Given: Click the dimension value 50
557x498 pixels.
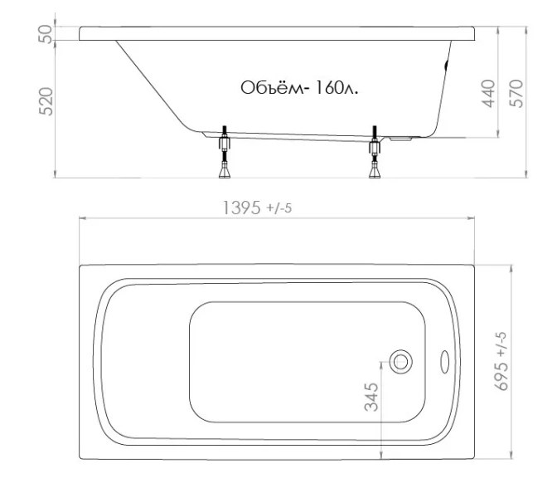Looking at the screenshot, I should (x=48, y=33).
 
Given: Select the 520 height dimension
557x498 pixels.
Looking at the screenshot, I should (x=48, y=102).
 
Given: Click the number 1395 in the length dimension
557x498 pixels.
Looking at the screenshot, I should (x=241, y=207).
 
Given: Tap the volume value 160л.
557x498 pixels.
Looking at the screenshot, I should (x=337, y=88).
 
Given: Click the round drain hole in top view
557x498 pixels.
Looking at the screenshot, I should (x=401, y=361).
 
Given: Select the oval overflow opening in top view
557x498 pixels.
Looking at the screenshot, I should (x=443, y=361).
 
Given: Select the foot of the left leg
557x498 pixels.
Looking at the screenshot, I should (x=223, y=173).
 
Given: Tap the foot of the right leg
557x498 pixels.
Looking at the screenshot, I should (x=375, y=173).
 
